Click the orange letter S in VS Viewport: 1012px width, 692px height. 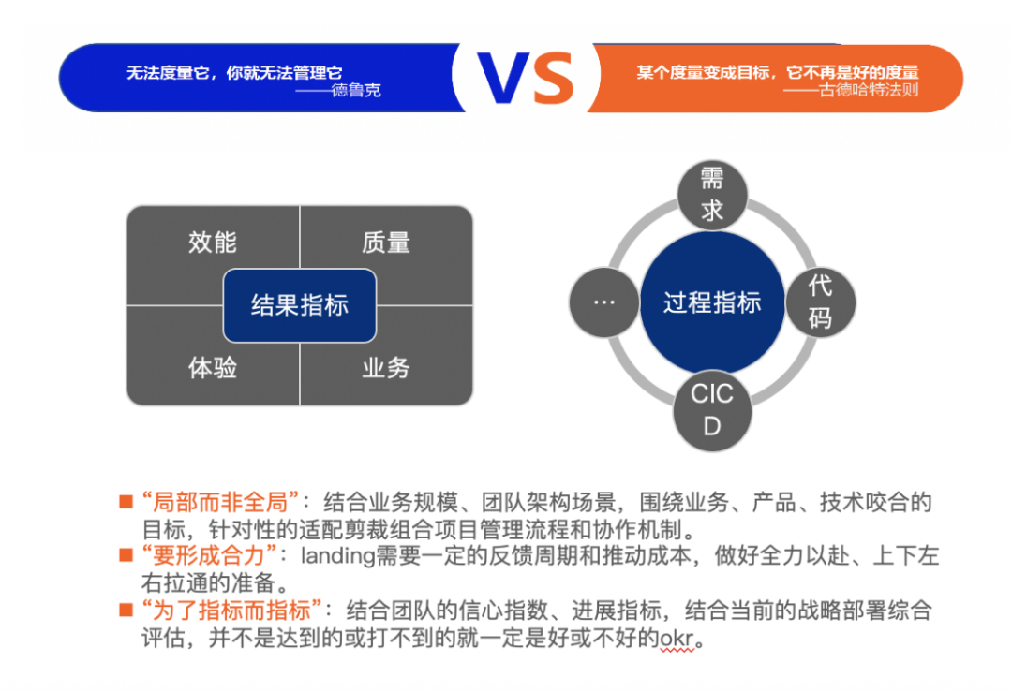(555, 78)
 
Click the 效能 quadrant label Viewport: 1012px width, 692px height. (213, 243)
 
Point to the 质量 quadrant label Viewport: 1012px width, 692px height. (386, 243)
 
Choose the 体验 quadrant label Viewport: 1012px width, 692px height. (213, 368)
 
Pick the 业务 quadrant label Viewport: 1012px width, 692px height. (386, 368)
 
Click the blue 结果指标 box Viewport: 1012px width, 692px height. (300, 305)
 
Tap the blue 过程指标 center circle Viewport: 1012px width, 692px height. (712, 302)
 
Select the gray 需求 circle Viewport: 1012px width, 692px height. (712, 196)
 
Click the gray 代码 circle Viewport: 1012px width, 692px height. (820, 302)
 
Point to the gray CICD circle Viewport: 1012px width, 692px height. (712, 409)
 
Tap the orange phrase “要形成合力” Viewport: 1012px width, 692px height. (209, 554)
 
